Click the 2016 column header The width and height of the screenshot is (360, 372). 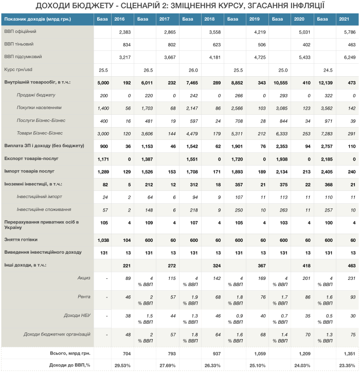[x=119, y=19]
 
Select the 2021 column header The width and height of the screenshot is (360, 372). [x=344, y=19]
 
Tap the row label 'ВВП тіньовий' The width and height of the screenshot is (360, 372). [x=19, y=44]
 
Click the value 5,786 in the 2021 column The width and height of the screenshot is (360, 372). [x=350, y=32]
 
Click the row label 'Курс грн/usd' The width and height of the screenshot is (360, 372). [x=18, y=69]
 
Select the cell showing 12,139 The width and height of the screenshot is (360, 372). [x=326, y=83]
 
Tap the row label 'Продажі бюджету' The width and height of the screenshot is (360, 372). [x=36, y=95]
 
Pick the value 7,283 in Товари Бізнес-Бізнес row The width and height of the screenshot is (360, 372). [x=327, y=134]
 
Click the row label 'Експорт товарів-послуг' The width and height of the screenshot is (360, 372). [x=31, y=158]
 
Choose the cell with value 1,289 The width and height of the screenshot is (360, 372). [x=103, y=172]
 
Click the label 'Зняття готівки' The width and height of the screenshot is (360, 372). [x=21, y=240]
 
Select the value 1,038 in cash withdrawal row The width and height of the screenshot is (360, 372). [x=103, y=240]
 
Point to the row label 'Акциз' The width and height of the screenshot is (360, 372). [x=84, y=278]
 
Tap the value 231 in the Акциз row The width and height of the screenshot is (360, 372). [x=352, y=278]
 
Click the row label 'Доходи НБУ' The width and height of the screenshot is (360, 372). [x=77, y=315]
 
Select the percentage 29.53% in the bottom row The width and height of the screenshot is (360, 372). [x=122, y=366]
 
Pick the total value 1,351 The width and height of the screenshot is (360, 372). [x=350, y=353]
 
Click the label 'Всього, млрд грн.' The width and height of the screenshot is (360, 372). [x=70, y=353]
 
